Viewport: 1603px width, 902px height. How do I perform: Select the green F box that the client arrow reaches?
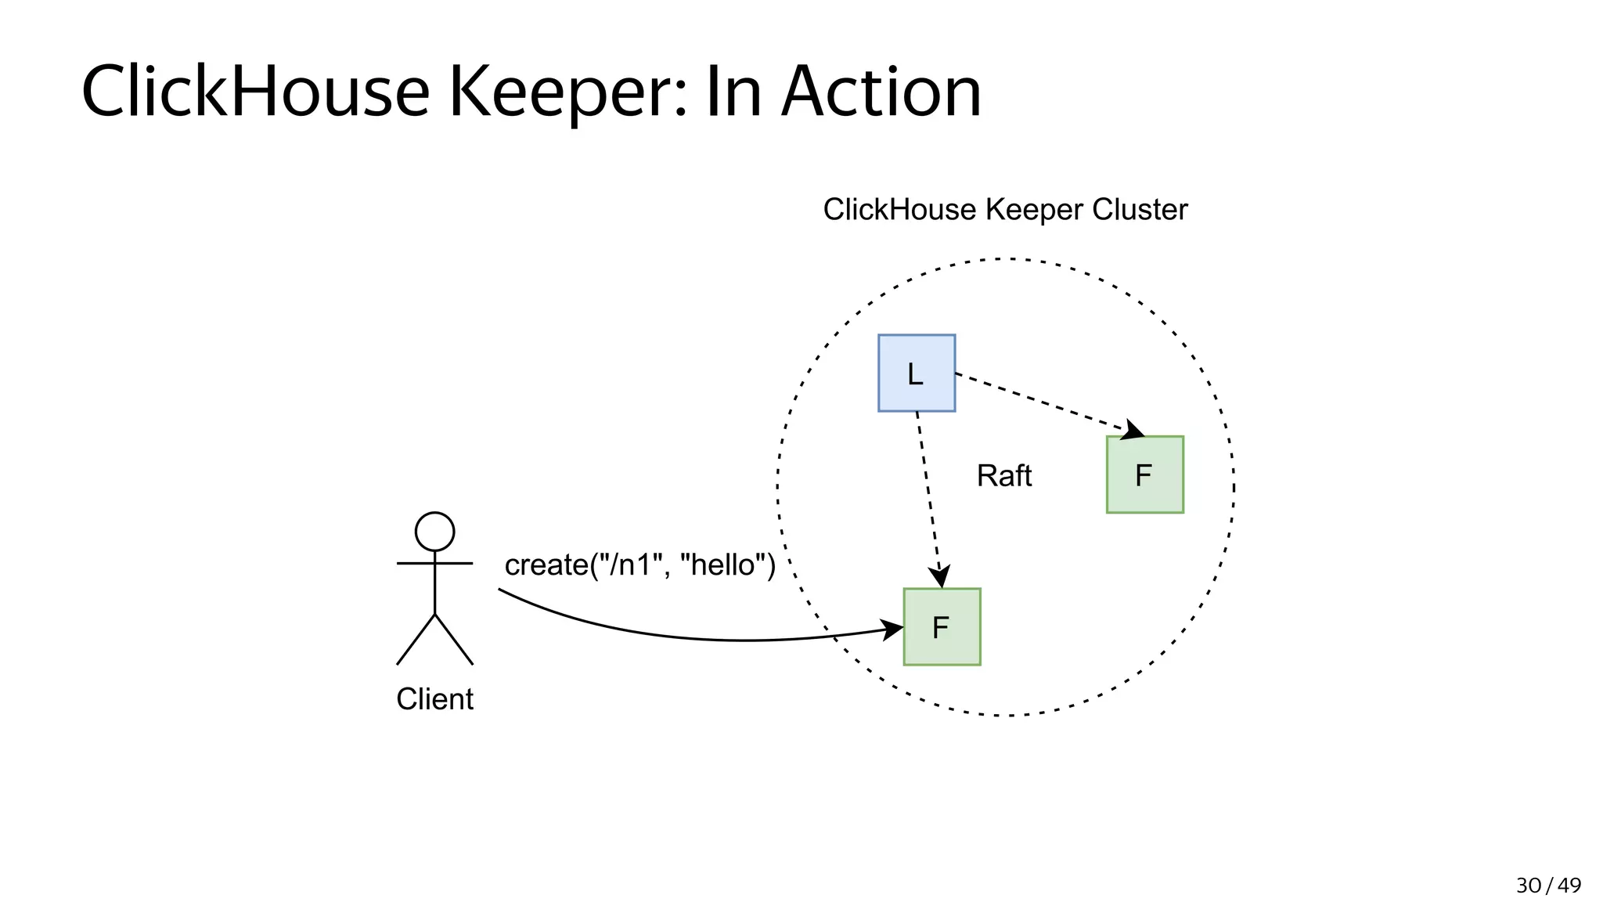coord(942,627)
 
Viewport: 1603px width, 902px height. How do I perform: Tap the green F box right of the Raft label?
coord(1144,474)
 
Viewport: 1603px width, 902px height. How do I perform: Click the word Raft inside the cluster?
coord(1003,475)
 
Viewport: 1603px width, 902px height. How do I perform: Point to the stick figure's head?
coord(434,532)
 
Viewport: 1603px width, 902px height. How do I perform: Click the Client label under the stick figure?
coord(434,698)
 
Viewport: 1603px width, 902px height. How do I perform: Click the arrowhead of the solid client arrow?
coord(893,629)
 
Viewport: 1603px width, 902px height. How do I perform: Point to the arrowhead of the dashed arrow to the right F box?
coord(1133,430)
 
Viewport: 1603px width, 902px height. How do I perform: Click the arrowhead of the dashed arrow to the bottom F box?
coord(939,576)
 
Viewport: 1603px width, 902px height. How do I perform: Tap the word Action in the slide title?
coord(881,92)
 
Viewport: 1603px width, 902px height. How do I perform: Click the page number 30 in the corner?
coord(1528,886)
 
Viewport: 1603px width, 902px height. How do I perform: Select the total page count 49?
coord(1569,886)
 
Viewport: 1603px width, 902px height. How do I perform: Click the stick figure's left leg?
coord(416,640)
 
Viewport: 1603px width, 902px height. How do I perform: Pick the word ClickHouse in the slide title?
coord(255,92)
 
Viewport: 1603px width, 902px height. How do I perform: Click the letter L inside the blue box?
coord(915,374)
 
